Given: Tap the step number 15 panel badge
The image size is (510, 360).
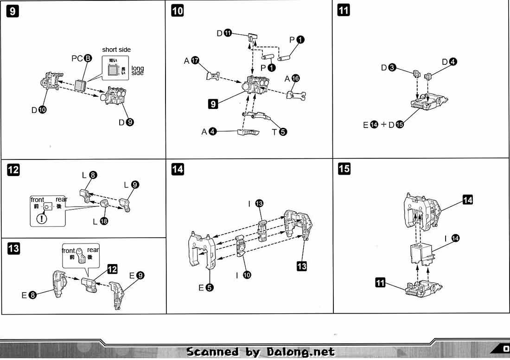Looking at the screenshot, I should point(344,169).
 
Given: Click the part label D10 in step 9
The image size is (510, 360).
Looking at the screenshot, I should point(38,110).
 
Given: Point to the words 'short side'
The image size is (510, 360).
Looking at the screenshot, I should point(116,50).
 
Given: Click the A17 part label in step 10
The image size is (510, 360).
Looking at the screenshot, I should point(191,61).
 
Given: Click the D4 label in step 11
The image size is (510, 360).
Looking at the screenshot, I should point(449,62).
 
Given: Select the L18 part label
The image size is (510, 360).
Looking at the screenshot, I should point(100,221).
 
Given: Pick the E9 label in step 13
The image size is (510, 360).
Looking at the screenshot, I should point(137,276).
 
